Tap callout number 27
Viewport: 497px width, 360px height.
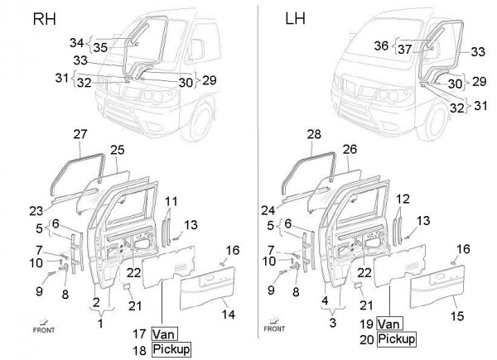(x=80, y=135)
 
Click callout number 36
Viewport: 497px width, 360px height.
(x=382, y=46)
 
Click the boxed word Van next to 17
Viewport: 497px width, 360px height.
(x=162, y=334)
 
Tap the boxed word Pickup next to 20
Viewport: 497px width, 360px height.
(x=396, y=339)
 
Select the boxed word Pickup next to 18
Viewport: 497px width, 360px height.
(x=171, y=349)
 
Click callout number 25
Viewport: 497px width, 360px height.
(x=117, y=150)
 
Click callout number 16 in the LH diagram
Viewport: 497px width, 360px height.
(x=463, y=249)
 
